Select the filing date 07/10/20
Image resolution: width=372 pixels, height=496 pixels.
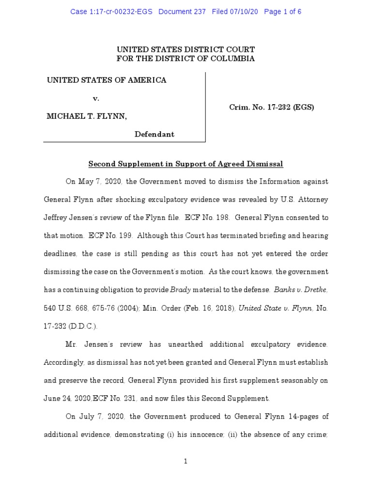pos(244,12)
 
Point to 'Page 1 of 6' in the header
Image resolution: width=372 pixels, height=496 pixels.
pos(283,12)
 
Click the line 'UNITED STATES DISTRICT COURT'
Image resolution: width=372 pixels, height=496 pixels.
pos(186,49)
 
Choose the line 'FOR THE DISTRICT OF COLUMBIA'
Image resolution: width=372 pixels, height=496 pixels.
pos(186,59)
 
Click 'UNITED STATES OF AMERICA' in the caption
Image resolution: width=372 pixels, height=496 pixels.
pos(107,80)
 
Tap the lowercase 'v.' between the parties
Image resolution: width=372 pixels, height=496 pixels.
pos(96,98)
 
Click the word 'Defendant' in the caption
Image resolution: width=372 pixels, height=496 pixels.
pos(155,134)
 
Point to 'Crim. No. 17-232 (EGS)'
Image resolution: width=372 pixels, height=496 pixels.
pos(272,108)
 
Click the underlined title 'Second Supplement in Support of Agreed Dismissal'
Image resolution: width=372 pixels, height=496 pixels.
pos(186,164)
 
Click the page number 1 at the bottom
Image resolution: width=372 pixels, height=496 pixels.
pos(186,462)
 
